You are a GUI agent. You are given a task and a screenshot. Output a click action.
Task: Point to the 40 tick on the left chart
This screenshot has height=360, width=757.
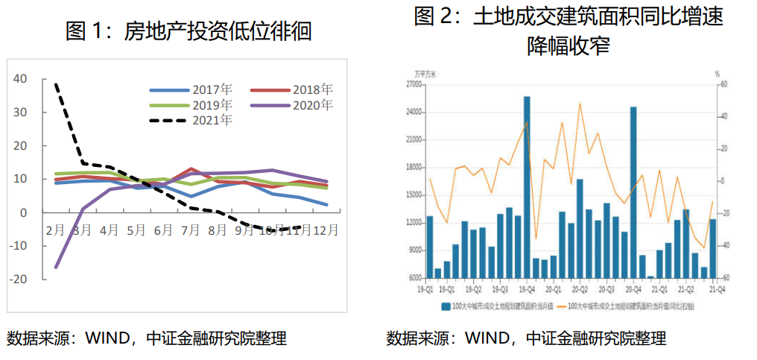coord(19,78)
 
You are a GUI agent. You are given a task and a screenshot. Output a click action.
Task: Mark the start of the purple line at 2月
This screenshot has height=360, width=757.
coord(56,267)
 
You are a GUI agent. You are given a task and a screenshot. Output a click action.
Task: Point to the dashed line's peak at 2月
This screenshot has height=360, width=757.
coord(56,84)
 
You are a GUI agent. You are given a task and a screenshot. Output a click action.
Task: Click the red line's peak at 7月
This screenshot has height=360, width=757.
coord(192,169)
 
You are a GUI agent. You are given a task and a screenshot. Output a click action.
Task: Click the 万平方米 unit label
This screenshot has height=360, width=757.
coord(426,74)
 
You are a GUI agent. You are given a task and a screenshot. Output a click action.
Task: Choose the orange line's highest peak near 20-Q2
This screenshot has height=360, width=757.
coord(580,103)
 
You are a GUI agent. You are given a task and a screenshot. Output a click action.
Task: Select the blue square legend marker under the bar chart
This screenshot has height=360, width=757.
coord(446,306)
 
